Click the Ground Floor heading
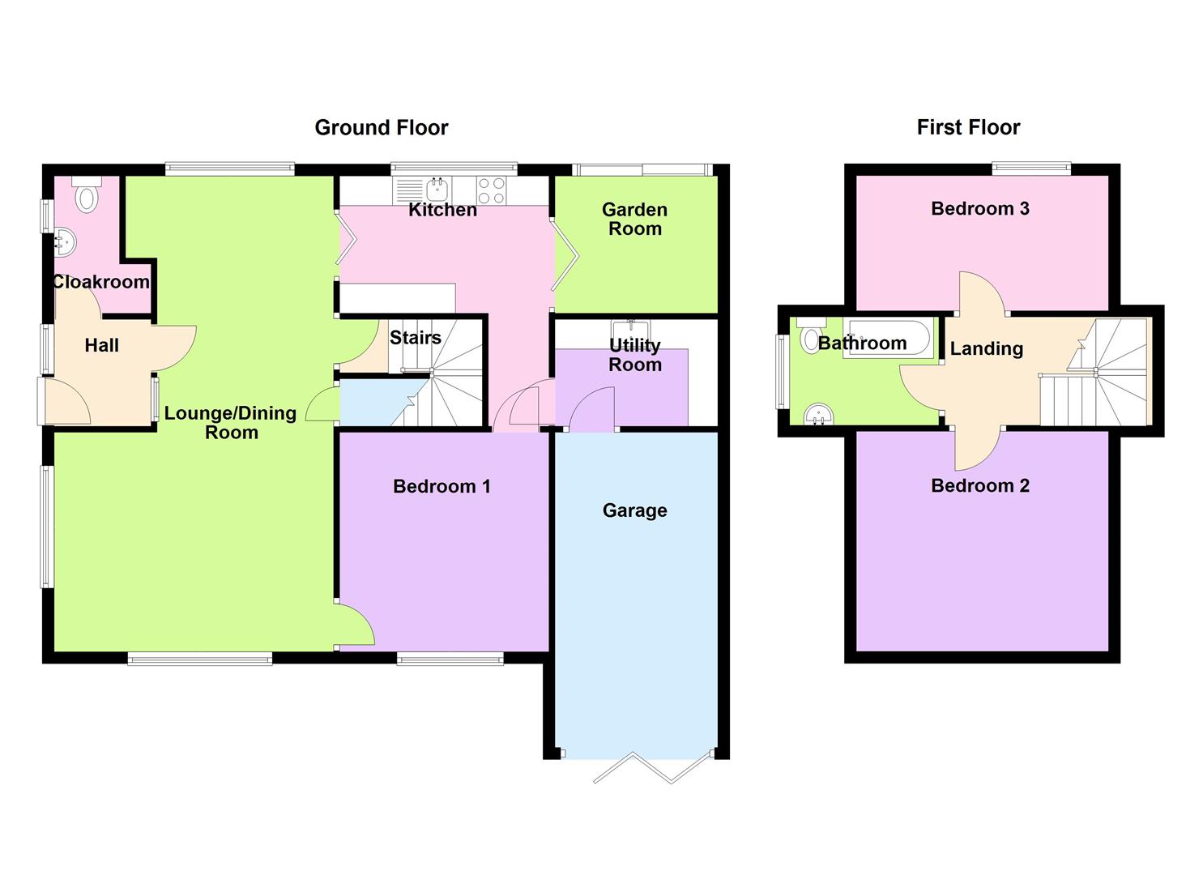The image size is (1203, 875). tap(381, 128)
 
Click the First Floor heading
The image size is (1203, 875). tap(968, 127)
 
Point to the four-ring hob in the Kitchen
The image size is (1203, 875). tap(491, 191)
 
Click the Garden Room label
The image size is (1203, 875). tap(634, 219)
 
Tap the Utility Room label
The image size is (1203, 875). tap(634, 355)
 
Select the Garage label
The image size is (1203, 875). tap(634, 510)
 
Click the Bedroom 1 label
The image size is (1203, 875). tap(442, 486)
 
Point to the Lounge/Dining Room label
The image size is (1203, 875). tap(231, 422)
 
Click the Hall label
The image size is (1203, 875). tap(102, 346)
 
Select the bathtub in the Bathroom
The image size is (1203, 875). tap(887, 338)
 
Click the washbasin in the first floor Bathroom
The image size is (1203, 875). tap(819, 416)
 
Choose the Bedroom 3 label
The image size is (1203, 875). tap(979, 209)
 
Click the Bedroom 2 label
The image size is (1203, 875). tap(979, 486)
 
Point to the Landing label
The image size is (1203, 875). tap(986, 349)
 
